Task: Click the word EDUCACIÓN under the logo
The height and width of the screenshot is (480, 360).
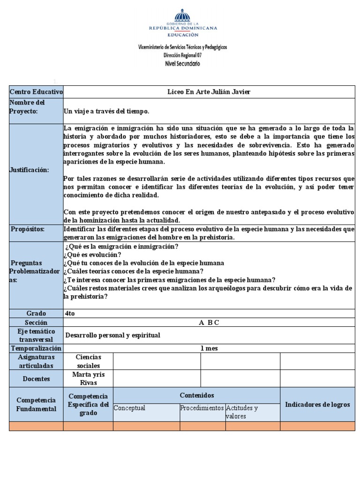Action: [183, 34]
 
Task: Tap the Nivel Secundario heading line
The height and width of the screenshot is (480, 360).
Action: [182, 63]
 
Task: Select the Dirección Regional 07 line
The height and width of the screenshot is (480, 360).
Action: [182, 55]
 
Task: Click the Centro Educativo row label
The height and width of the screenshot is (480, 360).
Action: [36, 92]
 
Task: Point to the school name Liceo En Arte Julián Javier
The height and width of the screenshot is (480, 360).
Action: [209, 92]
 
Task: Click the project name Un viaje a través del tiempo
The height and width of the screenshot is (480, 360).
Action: [106, 111]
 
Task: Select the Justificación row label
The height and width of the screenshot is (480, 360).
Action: [29, 170]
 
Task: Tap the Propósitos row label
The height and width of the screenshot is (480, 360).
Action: [29, 229]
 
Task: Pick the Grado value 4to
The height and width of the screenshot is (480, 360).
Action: [70, 314]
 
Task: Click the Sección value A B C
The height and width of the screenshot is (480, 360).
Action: [209, 322]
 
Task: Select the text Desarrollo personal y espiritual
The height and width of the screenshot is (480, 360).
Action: [112, 335]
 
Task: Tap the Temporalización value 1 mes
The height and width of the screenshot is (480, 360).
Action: [209, 348]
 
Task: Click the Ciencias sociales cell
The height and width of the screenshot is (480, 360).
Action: [88, 361]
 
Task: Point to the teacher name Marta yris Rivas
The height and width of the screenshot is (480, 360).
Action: [88, 379]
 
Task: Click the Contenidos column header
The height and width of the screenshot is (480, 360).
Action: [197, 395]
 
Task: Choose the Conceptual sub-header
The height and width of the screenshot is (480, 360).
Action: [130, 408]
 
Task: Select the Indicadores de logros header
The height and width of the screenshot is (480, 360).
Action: [317, 404]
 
